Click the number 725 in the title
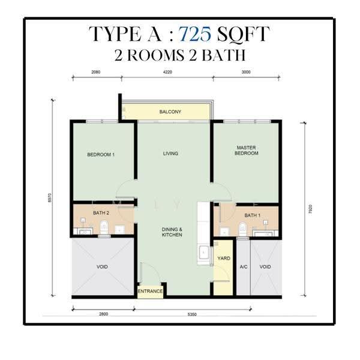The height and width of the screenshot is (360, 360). click(x=195, y=34)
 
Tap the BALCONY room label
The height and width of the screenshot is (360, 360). click(x=170, y=112)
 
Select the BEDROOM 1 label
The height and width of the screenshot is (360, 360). click(x=101, y=155)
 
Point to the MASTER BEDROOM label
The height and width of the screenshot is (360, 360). click(x=247, y=151)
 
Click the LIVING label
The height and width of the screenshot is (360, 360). click(x=170, y=154)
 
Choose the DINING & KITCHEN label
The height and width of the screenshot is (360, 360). click(x=172, y=232)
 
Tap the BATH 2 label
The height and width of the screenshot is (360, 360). click(x=101, y=213)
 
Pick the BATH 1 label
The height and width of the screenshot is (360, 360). click(x=253, y=215)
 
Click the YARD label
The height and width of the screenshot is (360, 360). click(x=224, y=258)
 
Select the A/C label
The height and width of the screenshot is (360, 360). click(x=244, y=266)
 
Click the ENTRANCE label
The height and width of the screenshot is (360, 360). click(x=150, y=291)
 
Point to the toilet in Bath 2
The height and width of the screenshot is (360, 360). click(x=104, y=227)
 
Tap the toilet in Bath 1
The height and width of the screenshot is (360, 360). click(x=242, y=229)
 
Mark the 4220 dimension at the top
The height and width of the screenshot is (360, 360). click(x=167, y=72)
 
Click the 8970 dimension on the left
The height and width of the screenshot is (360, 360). click(x=50, y=197)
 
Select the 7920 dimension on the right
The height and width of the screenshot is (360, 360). click(x=310, y=209)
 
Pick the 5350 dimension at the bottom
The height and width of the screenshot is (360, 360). click(x=192, y=314)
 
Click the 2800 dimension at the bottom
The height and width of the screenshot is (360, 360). click(x=103, y=314)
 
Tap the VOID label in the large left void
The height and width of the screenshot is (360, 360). click(x=102, y=266)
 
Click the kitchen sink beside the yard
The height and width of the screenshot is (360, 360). click(x=204, y=253)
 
